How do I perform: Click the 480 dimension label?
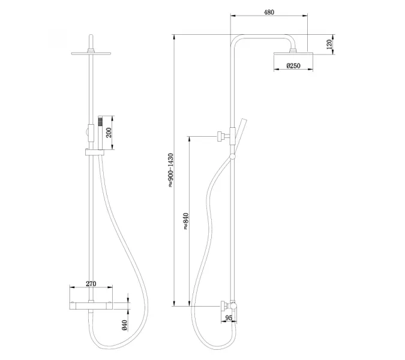click(x=269, y=12)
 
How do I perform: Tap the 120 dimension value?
click(x=329, y=44)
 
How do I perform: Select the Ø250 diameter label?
click(x=293, y=65)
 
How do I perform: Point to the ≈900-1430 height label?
click(x=171, y=170)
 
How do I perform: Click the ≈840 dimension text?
click(x=186, y=221)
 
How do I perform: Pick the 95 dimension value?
click(x=229, y=317)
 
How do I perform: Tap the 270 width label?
click(x=91, y=284)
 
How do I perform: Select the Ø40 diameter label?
click(x=124, y=325)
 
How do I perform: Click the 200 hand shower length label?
click(x=109, y=133)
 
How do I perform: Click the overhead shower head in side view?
click(x=293, y=53)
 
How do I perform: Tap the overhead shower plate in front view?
click(x=91, y=53)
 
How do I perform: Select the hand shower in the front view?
click(x=100, y=133)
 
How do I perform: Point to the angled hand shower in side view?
click(x=239, y=136)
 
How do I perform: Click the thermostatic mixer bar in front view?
click(x=91, y=306)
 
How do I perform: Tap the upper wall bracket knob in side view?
click(x=220, y=136)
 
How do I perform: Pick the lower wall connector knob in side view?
click(x=223, y=306)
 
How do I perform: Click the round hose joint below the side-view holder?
click(x=232, y=156)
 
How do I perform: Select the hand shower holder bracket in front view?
click(x=95, y=152)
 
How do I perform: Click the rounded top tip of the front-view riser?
click(x=91, y=35)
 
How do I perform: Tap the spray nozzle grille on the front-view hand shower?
click(x=100, y=121)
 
